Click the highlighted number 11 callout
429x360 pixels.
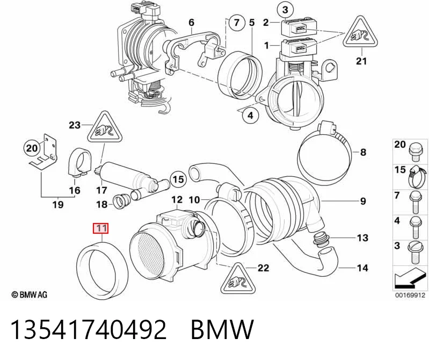[x=101, y=228]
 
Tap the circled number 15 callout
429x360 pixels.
[x=178, y=179]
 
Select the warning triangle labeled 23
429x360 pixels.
[x=104, y=127]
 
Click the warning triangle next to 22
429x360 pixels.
[x=238, y=279]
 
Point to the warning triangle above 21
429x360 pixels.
[x=360, y=33]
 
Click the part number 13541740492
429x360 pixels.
[x=89, y=329]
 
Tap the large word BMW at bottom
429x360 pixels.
[x=222, y=329]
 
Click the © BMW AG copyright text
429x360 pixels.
[x=30, y=294]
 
